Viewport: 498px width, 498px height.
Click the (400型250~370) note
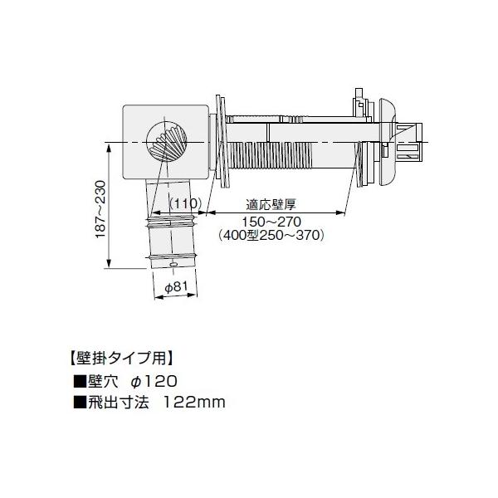tap(270, 235)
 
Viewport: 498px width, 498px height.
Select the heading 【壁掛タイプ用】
tap(118, 359)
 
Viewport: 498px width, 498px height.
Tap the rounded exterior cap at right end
tap(387, 143)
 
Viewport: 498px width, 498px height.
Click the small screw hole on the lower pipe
tap(173, 265)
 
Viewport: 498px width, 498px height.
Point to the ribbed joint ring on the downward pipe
tap(172, 221)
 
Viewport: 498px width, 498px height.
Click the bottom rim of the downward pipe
tap(173, 258)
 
